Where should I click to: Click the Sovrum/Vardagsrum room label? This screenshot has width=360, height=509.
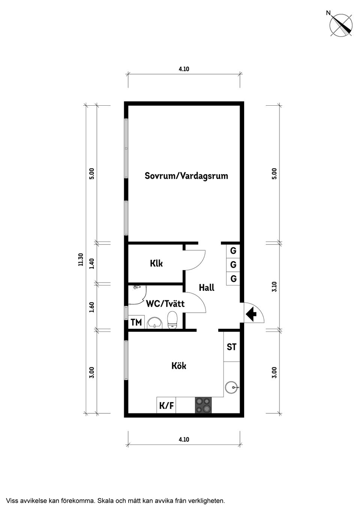pos(186,176)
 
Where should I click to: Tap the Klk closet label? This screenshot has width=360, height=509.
pos(156,263)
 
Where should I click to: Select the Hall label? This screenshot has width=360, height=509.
pos(207,288)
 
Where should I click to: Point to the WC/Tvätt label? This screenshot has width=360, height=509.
pos(165,304)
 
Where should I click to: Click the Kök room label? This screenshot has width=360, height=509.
pos(179,365)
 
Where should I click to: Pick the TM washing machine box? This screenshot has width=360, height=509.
pos(136,322)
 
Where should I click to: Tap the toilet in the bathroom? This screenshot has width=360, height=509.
pos(172,320)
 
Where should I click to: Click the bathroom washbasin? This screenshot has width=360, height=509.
pos(155,323)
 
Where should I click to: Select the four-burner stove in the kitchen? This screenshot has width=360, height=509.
pos(203,405)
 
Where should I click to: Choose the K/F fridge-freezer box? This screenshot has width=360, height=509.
pos(166,405)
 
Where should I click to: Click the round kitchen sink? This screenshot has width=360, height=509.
pos(231,387)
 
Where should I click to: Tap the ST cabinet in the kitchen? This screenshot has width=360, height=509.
pos(232,347)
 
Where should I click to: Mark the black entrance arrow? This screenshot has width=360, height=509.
pos(251,314)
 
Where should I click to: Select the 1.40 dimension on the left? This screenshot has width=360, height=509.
pos(92,263)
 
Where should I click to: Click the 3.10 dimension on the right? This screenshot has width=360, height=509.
pos(274,287)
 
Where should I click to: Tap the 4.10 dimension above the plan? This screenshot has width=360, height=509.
pos(184,69)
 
